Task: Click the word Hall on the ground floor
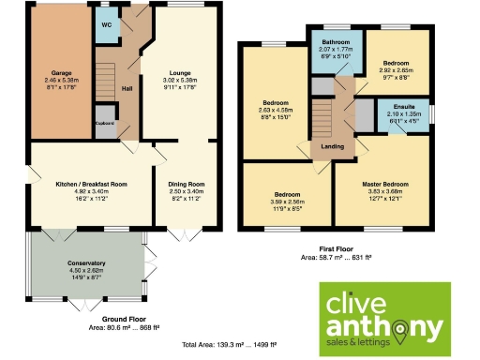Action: tap(127, 90)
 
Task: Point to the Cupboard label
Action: tap(104, 123)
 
